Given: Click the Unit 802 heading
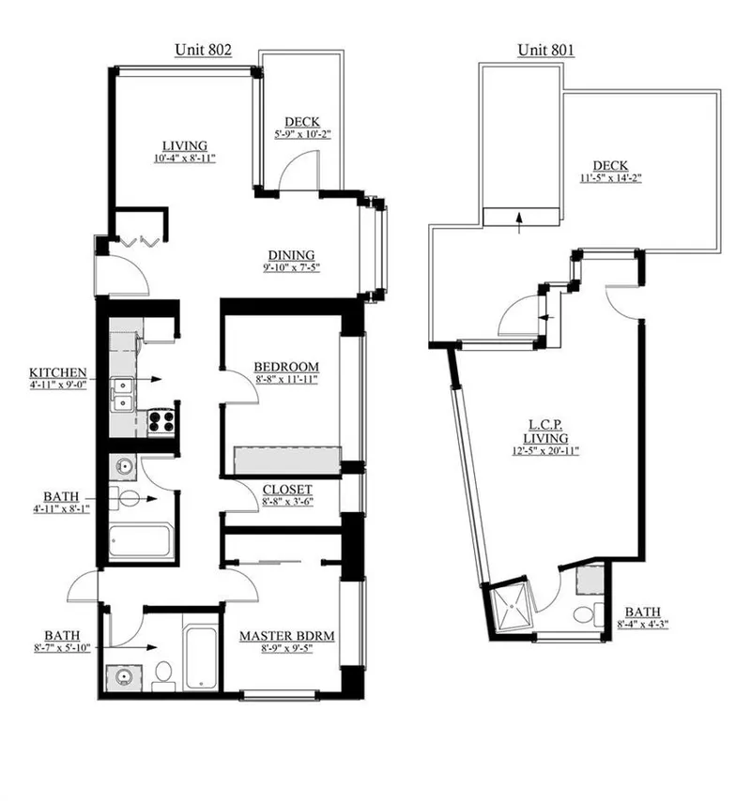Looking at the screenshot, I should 203,49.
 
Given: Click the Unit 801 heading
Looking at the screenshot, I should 546,49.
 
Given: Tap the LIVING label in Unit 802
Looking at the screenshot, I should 184,145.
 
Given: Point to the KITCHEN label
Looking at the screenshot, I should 58,372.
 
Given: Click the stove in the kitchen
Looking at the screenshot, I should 162,420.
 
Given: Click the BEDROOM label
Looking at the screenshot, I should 286,367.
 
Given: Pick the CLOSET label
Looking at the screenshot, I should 287,490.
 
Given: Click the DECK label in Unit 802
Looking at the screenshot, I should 301,122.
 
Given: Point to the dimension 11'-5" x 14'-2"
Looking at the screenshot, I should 610,176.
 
